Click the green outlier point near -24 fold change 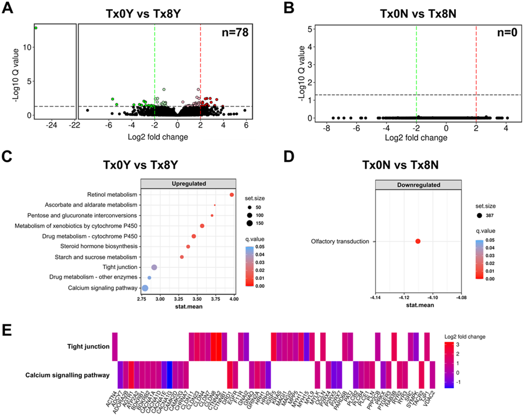[x=36, y=28]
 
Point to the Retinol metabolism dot [x=232, y=194]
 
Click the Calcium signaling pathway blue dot [x=145, y=288]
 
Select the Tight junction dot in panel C [x=154, y=267]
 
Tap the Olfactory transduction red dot [x=418, y=241]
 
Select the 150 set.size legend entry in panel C [x=260, y=223]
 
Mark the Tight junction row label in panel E [x=88, y=346]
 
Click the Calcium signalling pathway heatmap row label [x=68, y=376]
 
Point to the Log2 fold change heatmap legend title [x=464, y=337]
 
